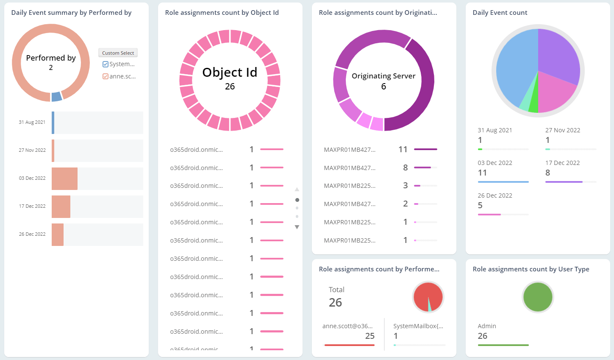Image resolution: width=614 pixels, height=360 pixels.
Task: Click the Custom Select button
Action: pyautogui.click(x=118, y=53)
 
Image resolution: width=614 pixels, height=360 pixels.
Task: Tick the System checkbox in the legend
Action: pyautogui.click(x=106, y=64)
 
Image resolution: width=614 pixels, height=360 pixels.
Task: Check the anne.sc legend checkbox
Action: pyautogui.click(x=106, y=76)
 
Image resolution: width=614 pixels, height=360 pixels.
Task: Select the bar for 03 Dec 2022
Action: pyautogui.click(x=64, y=179)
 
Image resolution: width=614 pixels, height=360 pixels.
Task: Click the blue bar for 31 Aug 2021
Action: pyautogui.click(x=53, y=123)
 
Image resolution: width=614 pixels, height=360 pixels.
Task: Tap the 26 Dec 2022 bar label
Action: pyautogui.click(x=32, y=234)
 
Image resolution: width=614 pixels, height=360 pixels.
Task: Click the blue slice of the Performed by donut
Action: pyautogui.click(x=56, y=97)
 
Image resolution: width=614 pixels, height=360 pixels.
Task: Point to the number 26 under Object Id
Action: pyautogui.click(x=230, y=87)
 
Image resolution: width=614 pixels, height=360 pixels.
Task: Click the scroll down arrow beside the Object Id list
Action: pyautogui.click(x=297, y=227)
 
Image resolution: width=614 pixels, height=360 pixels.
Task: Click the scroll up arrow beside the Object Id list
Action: pyautogui.click(x=297, y=189)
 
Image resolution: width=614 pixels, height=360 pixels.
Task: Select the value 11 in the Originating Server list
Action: pyautogui.click(x=403, y=149)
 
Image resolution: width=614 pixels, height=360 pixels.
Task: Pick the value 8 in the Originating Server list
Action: pyautogui.click(x=406, y=167)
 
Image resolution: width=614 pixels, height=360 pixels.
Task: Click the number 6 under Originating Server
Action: pyautogui.click(x=383, y=87)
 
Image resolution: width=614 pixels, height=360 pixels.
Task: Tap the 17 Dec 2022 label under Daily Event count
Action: pyautogui.click(x=562, y=163)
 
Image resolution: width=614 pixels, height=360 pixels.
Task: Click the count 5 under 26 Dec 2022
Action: pyautogui.click(x=480, y=205)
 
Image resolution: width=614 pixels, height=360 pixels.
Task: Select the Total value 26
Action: pyautogui.click(x=335, y=302)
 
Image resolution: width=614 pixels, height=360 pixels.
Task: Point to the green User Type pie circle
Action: pyautogui.click(x=538, y=297)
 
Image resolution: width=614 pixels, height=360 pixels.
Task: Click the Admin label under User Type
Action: pyautogui.click(x=487, y=326)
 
